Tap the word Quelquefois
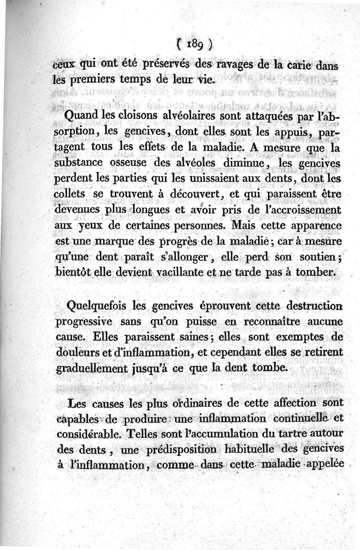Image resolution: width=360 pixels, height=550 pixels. pyautogui.click(x=93, y=307)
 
